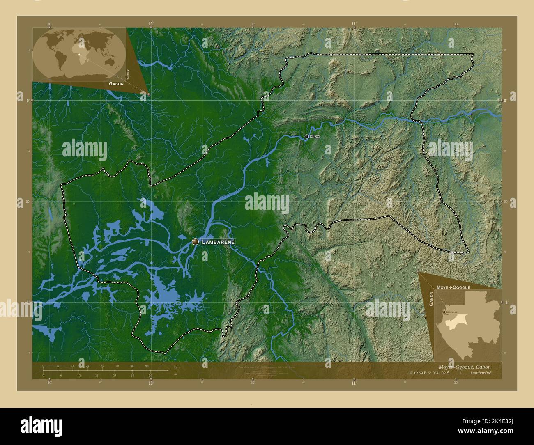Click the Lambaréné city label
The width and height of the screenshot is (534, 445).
click(x=218, y=242)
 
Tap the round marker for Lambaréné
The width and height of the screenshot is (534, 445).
click(x=196, y=242)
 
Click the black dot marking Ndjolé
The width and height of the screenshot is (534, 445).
click(x=307, y=136)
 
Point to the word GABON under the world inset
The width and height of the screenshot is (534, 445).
click(x=116, y=83)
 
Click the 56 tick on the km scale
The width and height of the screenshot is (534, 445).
click(x=147, y=365)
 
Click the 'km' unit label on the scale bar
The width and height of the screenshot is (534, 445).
click(x=176, y=367)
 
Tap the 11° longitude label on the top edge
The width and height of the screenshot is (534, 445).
click(x=354, y=24)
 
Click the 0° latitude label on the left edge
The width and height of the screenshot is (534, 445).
click(x=27, y=100)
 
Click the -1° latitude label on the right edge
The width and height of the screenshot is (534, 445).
click(x=506, y=302)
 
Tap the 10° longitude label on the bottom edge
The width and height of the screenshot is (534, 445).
click(x=151, y=383)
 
